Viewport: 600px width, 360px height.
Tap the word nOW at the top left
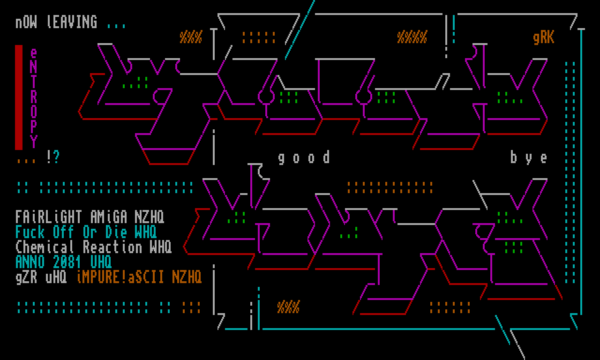click(26, 22)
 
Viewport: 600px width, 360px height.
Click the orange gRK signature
click(544, 37)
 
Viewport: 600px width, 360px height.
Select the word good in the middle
click(304, 157)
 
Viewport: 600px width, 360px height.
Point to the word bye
click(529, 157)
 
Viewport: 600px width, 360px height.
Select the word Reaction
click(112, 247)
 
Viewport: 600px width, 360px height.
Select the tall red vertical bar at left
click(19, 97)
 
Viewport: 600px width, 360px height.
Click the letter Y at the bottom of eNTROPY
click(34, 141)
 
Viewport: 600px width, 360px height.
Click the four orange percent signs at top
click(412, 37)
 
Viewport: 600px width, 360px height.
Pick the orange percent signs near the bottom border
click(288, 307)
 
